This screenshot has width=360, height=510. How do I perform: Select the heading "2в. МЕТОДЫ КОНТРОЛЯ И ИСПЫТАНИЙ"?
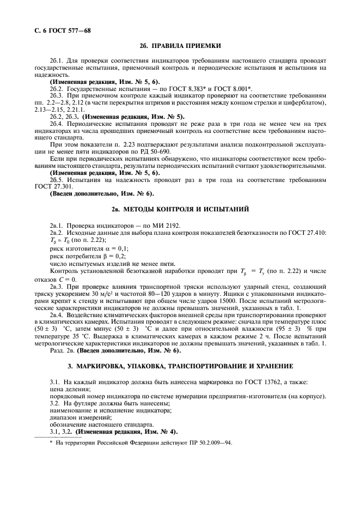tap(180, 209)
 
